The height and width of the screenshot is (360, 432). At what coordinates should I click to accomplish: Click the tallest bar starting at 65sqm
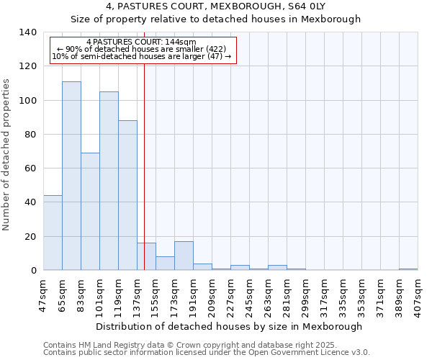tap(71, 176)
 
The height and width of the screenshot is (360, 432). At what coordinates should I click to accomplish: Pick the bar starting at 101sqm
tap(109, 181)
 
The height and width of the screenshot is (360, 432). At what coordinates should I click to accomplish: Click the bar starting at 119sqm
tap(127, 195)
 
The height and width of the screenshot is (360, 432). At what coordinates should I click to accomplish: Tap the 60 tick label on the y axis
tap(30, 168)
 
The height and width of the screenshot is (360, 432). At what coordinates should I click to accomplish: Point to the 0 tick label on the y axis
tap(32, 271)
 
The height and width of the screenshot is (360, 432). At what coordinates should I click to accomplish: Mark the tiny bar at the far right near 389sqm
tap(408, 269)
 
